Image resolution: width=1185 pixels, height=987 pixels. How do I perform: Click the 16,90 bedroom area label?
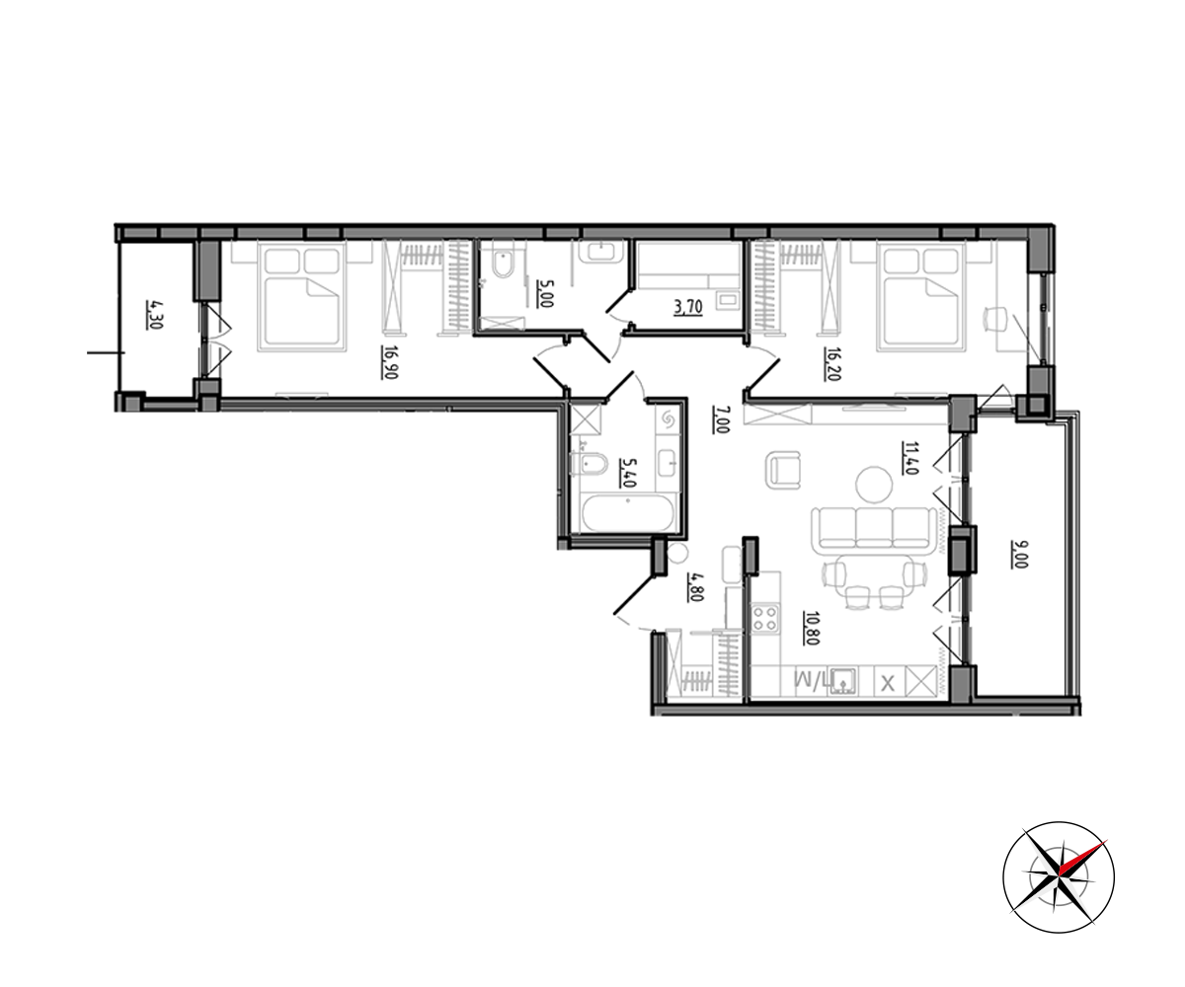pos(390,362)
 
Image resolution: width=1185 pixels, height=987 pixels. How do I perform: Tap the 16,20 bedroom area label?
pos(833,363)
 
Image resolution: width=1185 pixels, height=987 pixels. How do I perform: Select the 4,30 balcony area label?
pos(154,315)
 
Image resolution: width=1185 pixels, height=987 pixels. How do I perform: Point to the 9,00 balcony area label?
pos(1019,554)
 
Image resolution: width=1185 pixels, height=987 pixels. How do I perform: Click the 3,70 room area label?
pos(688,307)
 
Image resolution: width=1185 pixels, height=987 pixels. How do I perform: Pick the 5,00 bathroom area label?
pos(545,293)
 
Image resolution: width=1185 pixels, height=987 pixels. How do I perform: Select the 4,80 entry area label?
pos(696,586)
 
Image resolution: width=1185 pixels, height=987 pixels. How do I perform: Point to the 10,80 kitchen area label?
pos(812,628)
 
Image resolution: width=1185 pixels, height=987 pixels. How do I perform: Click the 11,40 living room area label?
pos(909,458)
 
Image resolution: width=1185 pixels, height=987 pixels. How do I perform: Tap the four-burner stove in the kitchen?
pos(764,618)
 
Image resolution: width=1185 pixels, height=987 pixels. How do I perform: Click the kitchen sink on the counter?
pos(843,681)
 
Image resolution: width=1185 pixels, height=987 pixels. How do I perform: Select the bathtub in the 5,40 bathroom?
pos(628,513)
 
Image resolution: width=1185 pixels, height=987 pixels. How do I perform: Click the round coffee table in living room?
pos(874,484)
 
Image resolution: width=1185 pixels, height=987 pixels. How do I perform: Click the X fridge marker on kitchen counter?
pos(888,684)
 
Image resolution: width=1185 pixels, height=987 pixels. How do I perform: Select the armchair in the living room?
pos(783,470)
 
